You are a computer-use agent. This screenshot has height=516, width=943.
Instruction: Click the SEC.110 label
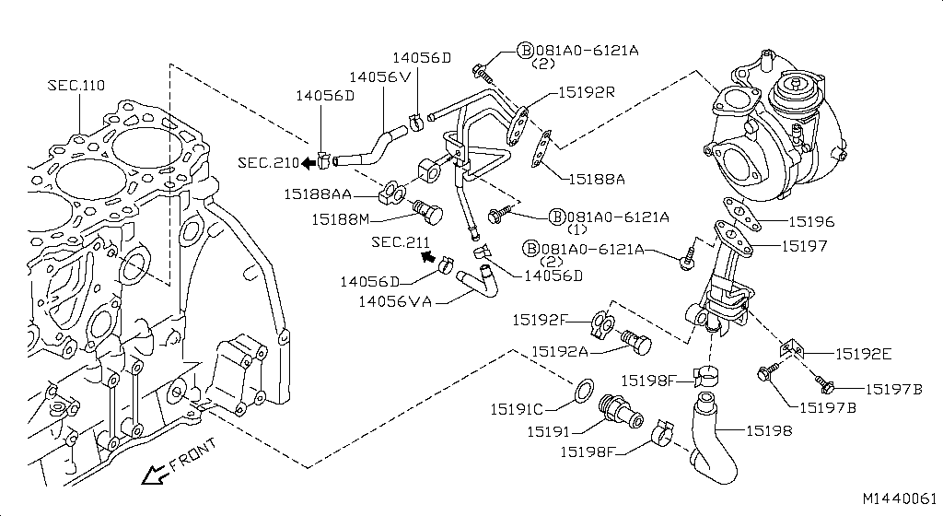coord(76,86)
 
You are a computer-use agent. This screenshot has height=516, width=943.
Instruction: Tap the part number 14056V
coord(379,77)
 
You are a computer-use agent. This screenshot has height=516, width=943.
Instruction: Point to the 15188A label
coord(595,179)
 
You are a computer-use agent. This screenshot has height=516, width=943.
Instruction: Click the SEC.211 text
coord(401,242)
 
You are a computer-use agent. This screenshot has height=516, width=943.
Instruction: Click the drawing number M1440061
coord(900,498)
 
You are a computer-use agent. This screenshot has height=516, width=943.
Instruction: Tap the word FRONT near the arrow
coord(194,455)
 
